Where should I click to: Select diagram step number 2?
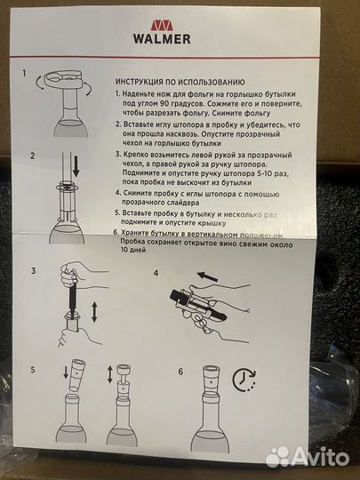click(32, 156)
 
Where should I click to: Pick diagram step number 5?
click(34, 368)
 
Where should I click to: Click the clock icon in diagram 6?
click(244, 380)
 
